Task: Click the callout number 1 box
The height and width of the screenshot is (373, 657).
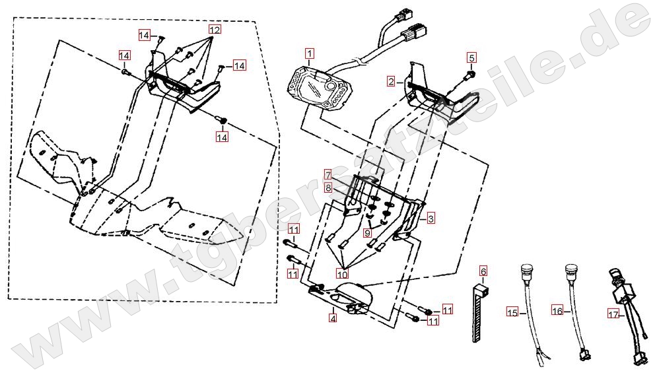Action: [x=310, y=53]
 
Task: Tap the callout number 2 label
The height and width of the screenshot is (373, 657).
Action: [x=392, y=81]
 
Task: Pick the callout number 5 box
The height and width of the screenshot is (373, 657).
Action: [x=471, y=57]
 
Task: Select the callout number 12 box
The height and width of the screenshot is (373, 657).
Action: [x=215, y=30]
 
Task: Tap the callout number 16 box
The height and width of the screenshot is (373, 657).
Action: [x=557, y=310]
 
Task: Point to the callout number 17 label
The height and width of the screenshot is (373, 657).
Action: [x=613, y=315]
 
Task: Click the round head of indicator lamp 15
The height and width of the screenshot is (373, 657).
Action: [x=527, y=270]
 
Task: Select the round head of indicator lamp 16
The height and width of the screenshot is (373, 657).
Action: [x=572, y=270]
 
